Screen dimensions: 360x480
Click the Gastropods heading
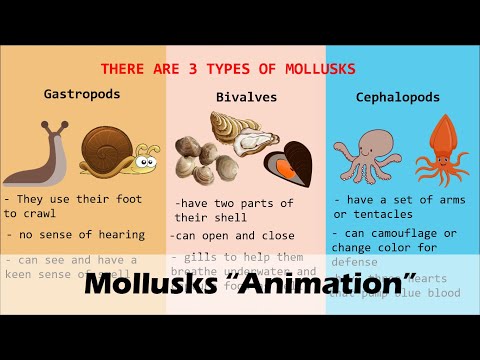(82, 94)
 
